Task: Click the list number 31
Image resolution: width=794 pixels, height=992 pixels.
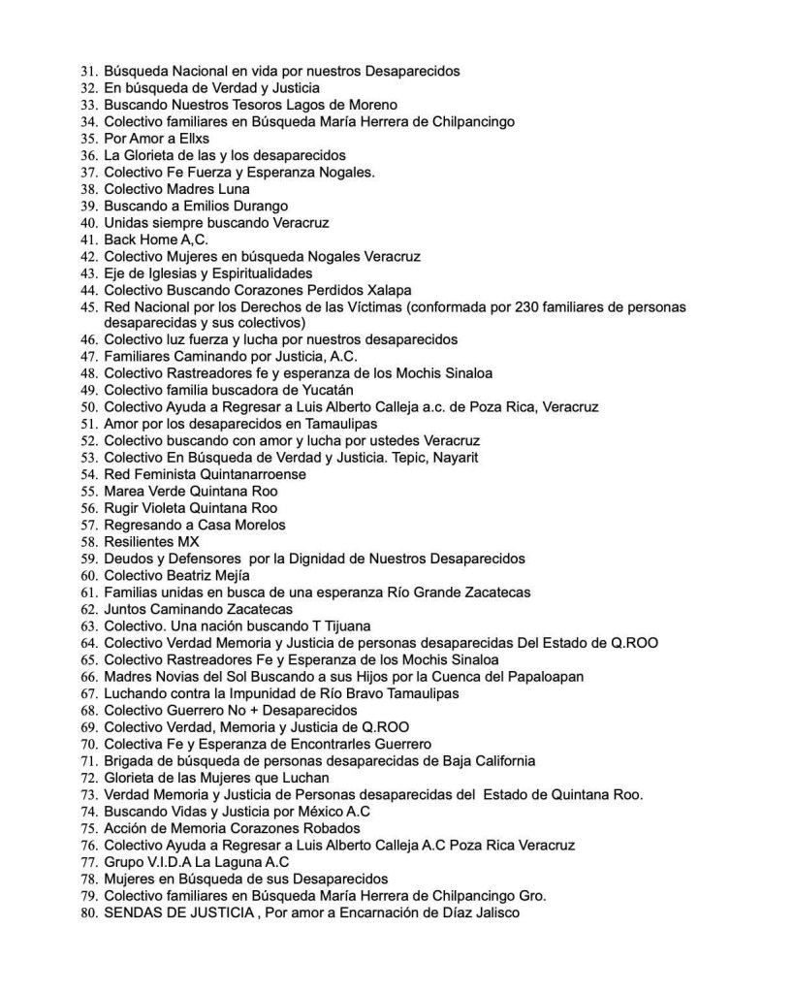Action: coord(88,71)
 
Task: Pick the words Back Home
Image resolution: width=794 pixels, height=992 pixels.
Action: coord(141,240)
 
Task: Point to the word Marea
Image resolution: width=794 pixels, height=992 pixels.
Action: coord(125,491)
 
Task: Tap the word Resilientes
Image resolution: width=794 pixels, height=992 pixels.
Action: coord(141,541)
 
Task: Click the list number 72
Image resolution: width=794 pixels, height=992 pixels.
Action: coord(88,777)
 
